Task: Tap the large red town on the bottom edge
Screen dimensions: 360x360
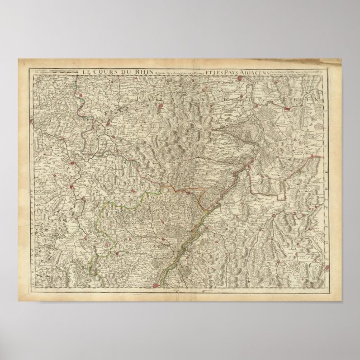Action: (154, 286)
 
